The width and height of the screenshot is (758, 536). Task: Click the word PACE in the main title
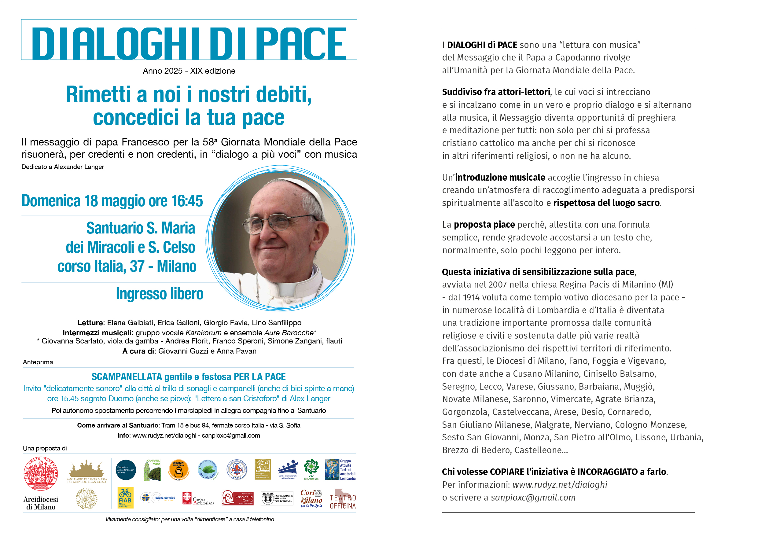[x=300, y=44]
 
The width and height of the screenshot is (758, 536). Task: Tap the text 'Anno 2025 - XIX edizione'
[x=189, y=71]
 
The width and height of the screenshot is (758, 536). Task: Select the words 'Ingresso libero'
[x=160, y=294]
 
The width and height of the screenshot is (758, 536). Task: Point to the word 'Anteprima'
[x=38, y=362]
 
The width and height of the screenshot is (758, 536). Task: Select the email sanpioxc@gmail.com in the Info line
[x=231, y=436]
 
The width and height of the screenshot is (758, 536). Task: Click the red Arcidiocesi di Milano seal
[x=41, y=474]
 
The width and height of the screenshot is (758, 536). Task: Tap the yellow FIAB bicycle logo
[x=125, y=498]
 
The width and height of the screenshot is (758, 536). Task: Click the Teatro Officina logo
[x=343, y=499]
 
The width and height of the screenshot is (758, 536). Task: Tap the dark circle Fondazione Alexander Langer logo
[x=126, y=470]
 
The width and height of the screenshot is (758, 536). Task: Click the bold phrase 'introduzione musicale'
[x=500, y=178]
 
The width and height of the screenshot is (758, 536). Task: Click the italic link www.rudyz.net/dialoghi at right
[x=560, y=485]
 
